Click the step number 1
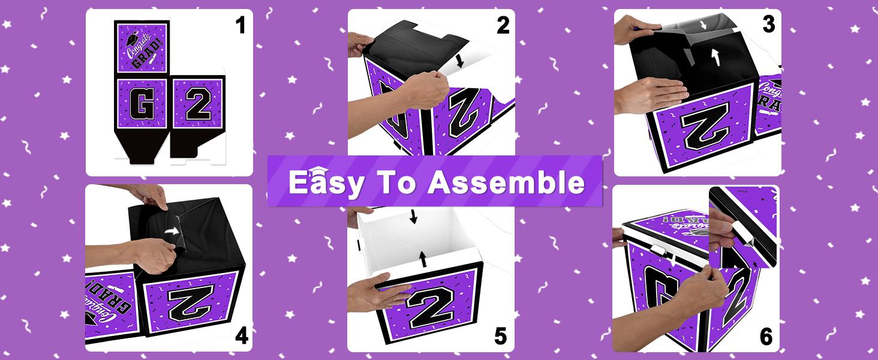(x=241, y=27)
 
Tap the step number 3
(x=768, y=26)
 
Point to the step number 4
(x=241, y=336)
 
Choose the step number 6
(x=766, y=337)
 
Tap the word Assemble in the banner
(x=507, y=182)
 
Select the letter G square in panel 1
(x=142, y=104)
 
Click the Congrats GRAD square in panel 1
(x=142, y=49)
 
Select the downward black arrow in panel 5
(x=413, y=217)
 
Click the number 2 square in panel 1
(x=198, y=104)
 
